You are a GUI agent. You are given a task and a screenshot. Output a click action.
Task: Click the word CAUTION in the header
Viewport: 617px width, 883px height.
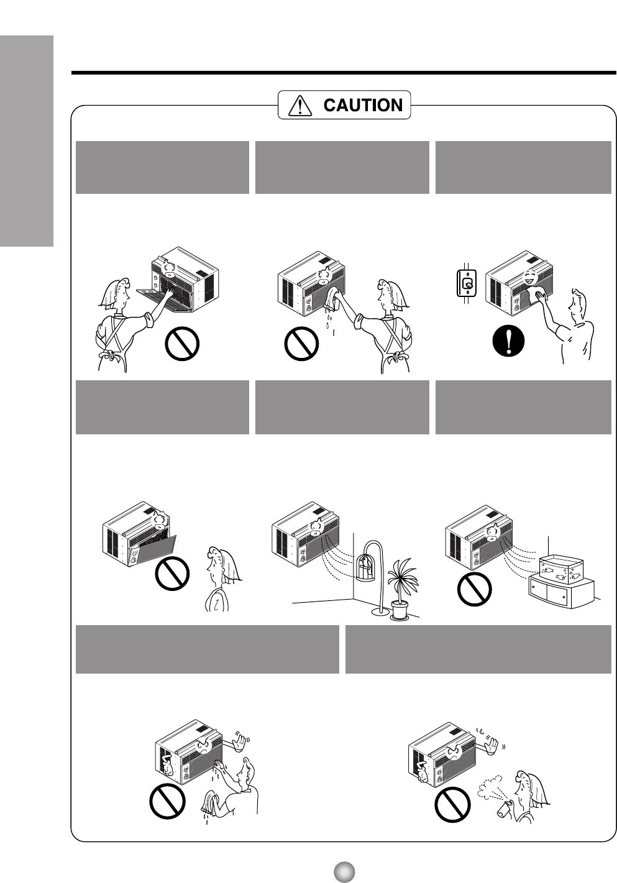click(x=363, y=105)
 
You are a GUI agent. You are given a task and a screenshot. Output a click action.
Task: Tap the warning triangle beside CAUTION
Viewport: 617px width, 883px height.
click(x=300, y=106)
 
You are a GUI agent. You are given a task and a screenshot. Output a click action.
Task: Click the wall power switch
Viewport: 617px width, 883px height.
click(x=467, y=283)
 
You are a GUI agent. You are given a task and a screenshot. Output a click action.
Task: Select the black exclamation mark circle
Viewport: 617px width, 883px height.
click(x=509, y=341)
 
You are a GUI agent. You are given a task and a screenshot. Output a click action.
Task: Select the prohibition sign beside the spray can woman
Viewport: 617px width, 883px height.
click(x=452, y=805)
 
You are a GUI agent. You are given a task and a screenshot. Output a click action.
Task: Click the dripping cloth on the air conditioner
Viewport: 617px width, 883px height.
click(x=332, y=299)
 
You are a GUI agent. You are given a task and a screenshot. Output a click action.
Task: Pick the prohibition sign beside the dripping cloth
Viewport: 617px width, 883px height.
click(x=301, y=344)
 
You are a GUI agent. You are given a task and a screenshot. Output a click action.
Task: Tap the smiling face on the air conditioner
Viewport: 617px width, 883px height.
click(x=529, y=278)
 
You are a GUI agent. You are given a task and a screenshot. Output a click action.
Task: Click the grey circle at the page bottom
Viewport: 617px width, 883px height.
click(x=344, y=872)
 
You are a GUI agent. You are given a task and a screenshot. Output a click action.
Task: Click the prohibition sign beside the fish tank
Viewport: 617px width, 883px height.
click(x=474, y=589)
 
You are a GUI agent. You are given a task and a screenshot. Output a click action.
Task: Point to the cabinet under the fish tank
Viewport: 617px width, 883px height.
click(x=561, y=592)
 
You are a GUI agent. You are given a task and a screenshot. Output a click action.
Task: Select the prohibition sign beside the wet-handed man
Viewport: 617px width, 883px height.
click(x=167, y=802)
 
